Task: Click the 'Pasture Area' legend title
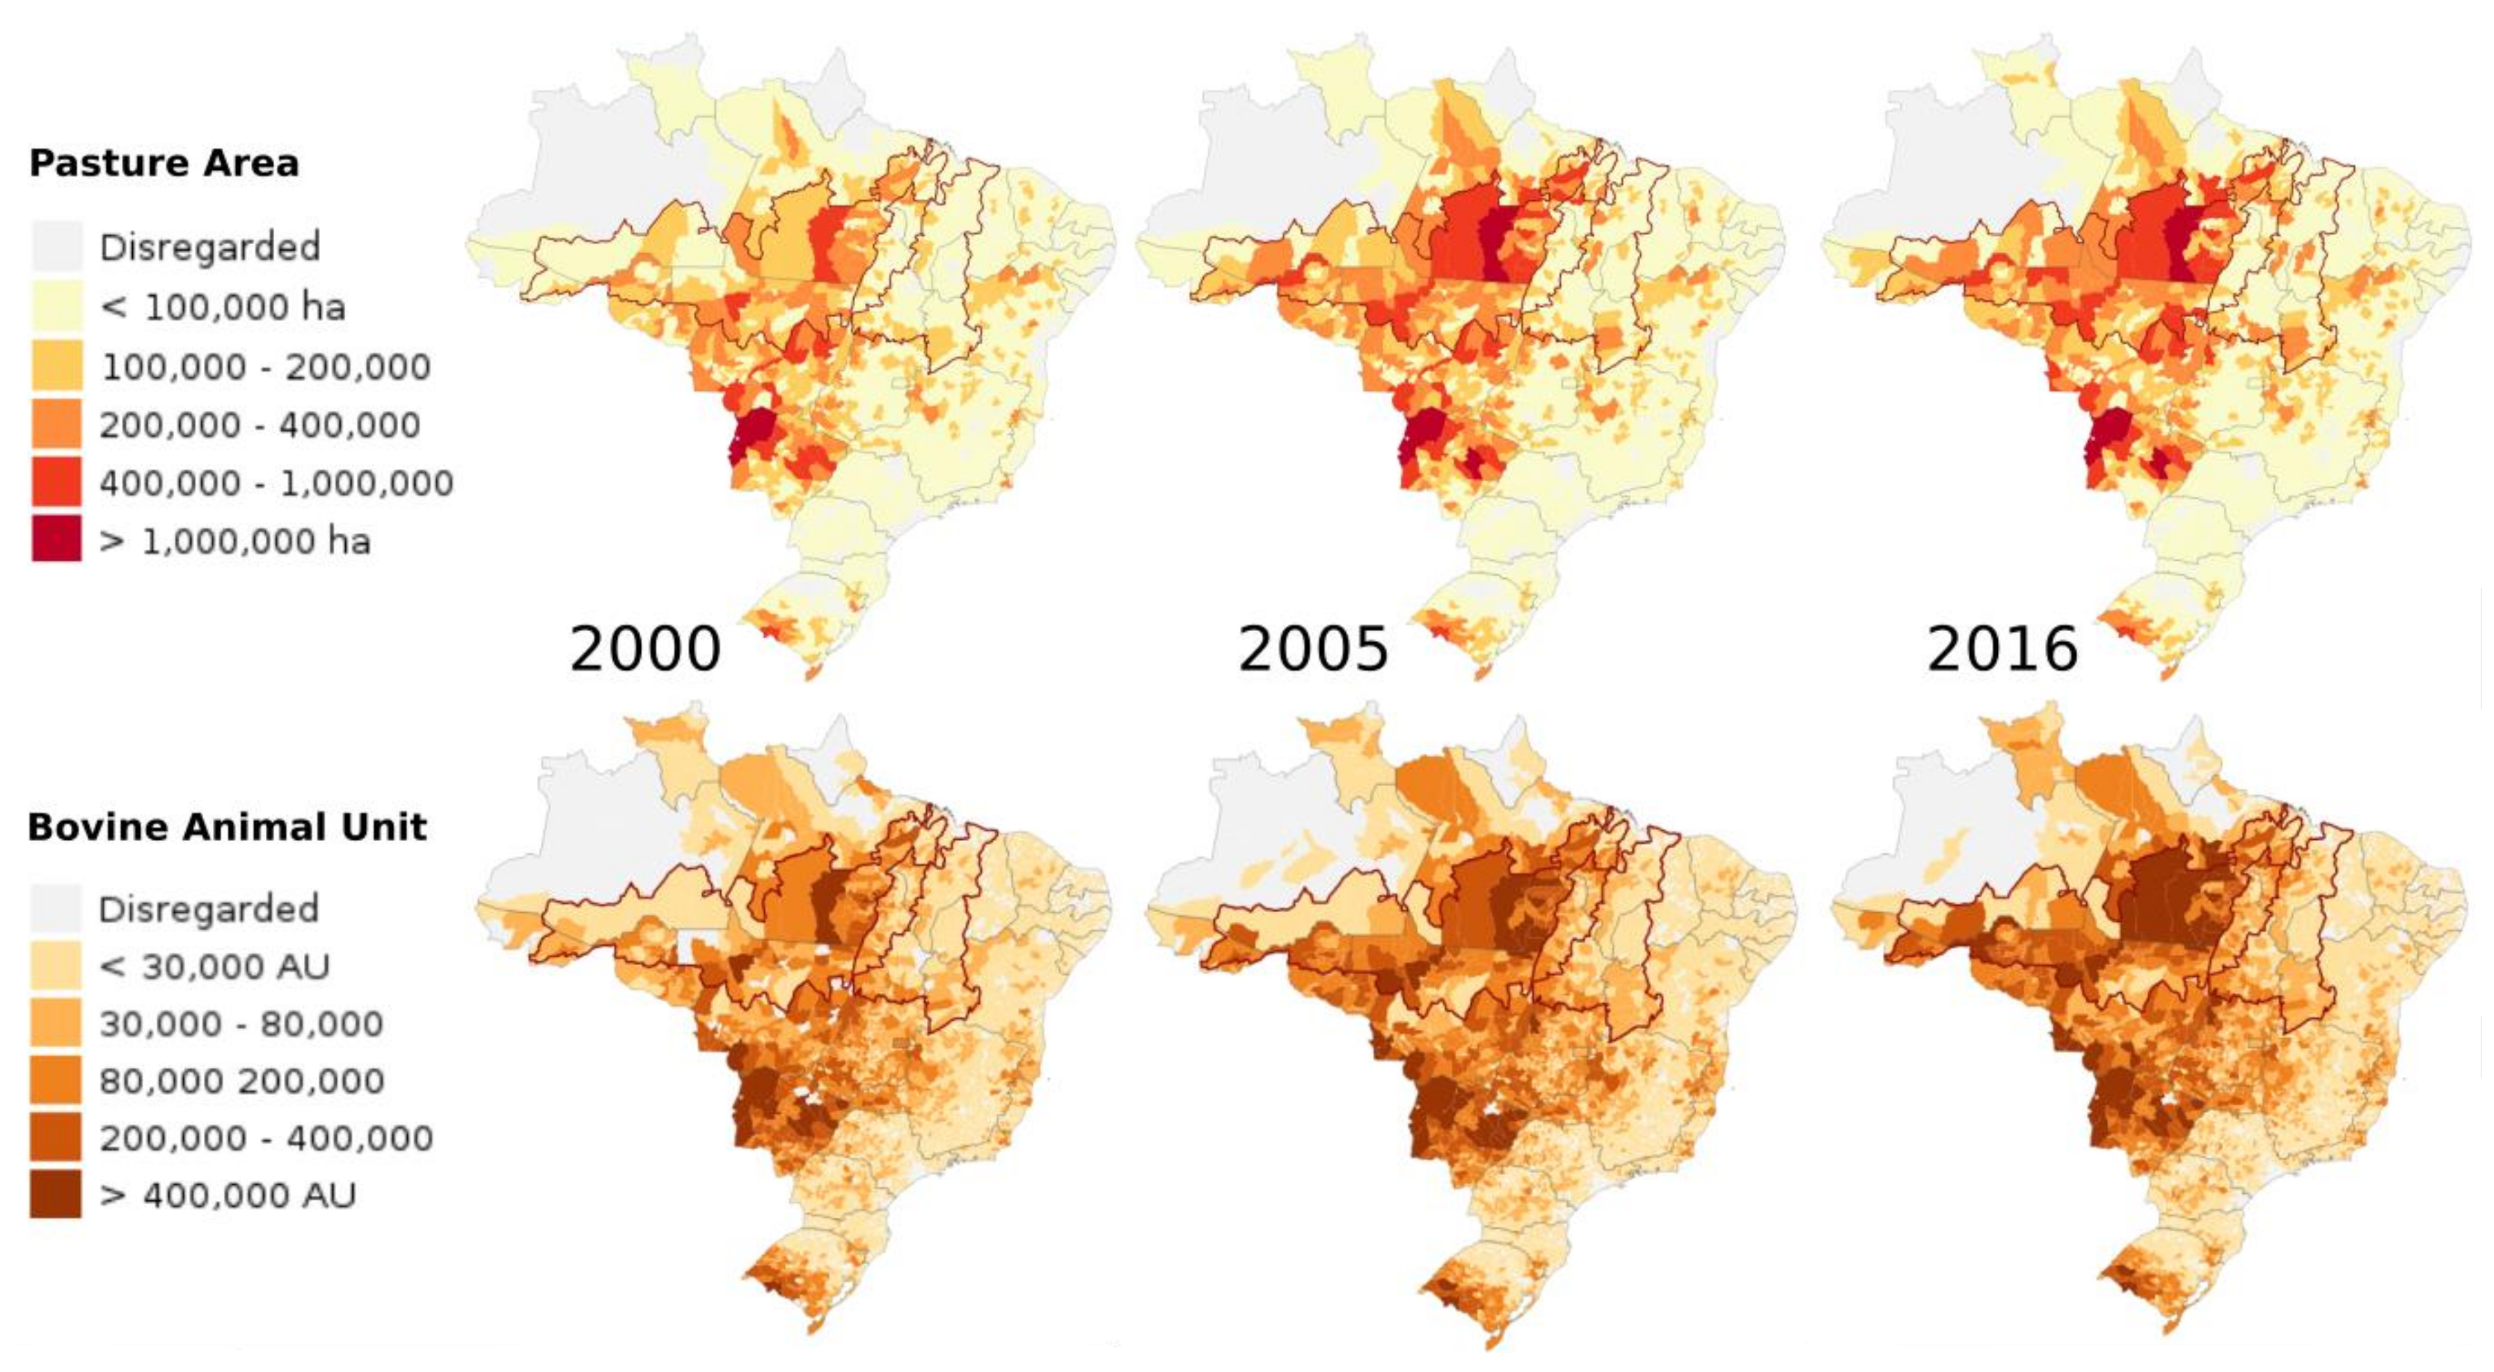tap(164, 163)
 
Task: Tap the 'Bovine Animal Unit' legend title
tap(227, 827)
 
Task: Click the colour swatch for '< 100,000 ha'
tap(56, 306)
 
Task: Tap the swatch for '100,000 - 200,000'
tap(56, 365)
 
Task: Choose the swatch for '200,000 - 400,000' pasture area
tap(56, 424)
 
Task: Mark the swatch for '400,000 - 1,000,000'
tap(56, 482)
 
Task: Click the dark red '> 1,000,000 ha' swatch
tap(56, 539)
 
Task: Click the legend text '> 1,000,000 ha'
tap(235, 541)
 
